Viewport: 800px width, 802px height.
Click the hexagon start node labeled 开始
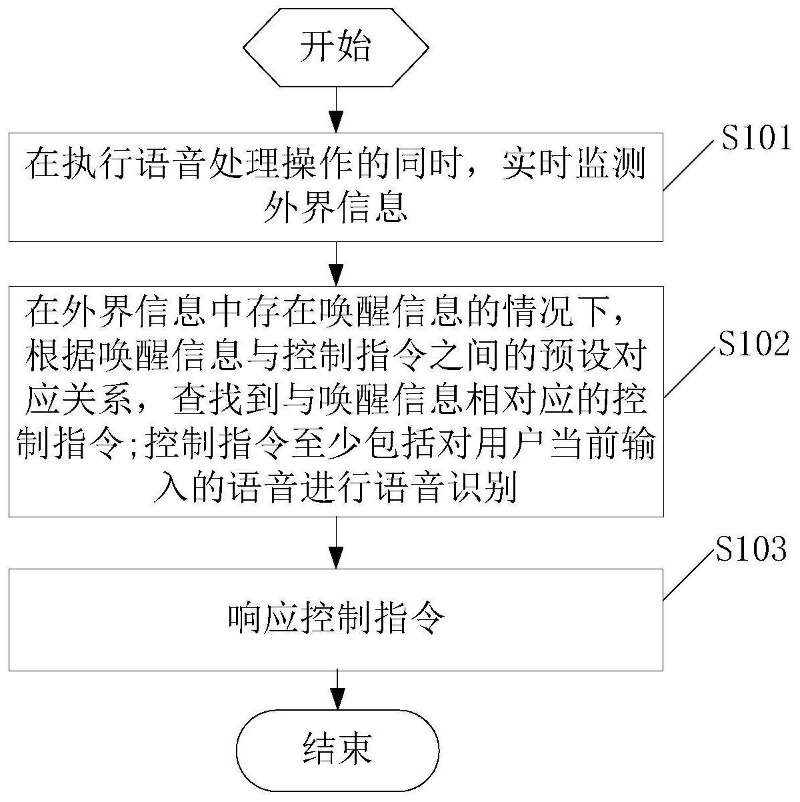(x=336, y=48)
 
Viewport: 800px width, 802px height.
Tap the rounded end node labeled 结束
(x=337, y=751)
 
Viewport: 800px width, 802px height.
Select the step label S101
(x=756, y=138)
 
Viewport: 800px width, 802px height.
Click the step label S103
(x=751, y=548)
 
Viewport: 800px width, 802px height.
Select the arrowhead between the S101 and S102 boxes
(x=336, y=275)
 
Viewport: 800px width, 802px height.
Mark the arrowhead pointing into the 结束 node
(x=337, y=699)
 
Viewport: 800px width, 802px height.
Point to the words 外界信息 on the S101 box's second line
(x=336, y=207)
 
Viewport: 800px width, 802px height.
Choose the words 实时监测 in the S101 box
(x=574, y=164)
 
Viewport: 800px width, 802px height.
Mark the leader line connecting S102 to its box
(x=691, y=371)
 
